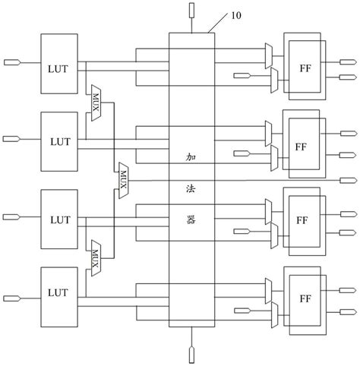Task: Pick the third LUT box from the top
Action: click(60, 219)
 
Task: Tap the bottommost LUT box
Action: click(60, 292)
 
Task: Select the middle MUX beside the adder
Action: click(122, 179)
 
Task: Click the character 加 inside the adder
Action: click(190, 157)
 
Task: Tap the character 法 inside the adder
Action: click(190, 186)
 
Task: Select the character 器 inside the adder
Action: click(190, 216)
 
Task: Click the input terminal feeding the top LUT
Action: click(13, 62)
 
